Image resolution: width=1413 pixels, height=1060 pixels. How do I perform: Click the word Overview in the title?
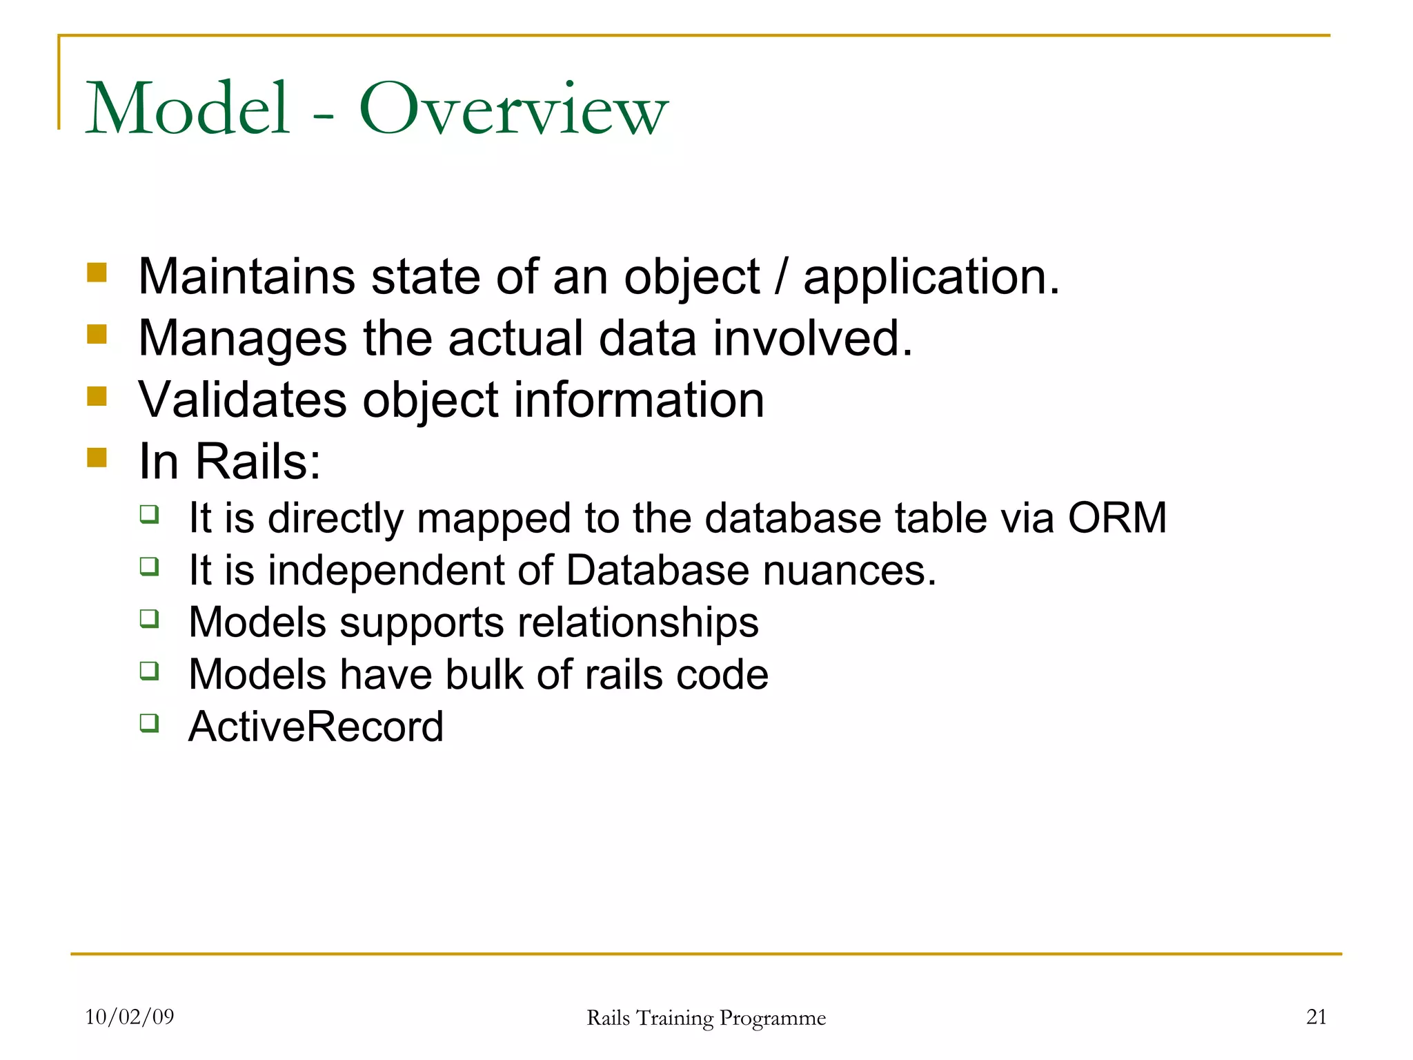(x=513, y=109)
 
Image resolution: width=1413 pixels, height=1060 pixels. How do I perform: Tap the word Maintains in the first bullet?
(x=246, y=277)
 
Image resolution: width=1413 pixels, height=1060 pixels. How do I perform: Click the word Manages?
(x=242, y=340)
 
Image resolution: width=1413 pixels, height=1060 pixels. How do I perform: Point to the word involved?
(x=812, y=338)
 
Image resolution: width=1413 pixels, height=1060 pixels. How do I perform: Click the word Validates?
(x=242, y=400)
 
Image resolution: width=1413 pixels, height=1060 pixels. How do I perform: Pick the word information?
(x=638, y=400)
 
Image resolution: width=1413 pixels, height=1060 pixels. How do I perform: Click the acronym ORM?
(x=1117, y=518)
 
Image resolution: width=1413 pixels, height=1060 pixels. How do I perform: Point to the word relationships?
(x=638, y=623)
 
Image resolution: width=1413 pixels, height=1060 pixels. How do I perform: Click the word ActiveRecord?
(x=315, y=727)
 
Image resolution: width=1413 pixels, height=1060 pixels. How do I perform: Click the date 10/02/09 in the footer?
(x=129, y=1017)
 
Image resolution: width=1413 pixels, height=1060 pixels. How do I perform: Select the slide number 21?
(x=1316, y=1017)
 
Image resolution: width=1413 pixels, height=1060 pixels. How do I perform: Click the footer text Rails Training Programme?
(x=706, y=1018)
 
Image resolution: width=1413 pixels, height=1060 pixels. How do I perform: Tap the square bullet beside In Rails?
(x=97, y=458)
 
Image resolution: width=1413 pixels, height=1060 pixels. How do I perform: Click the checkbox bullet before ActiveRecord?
(x=149, y=723)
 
